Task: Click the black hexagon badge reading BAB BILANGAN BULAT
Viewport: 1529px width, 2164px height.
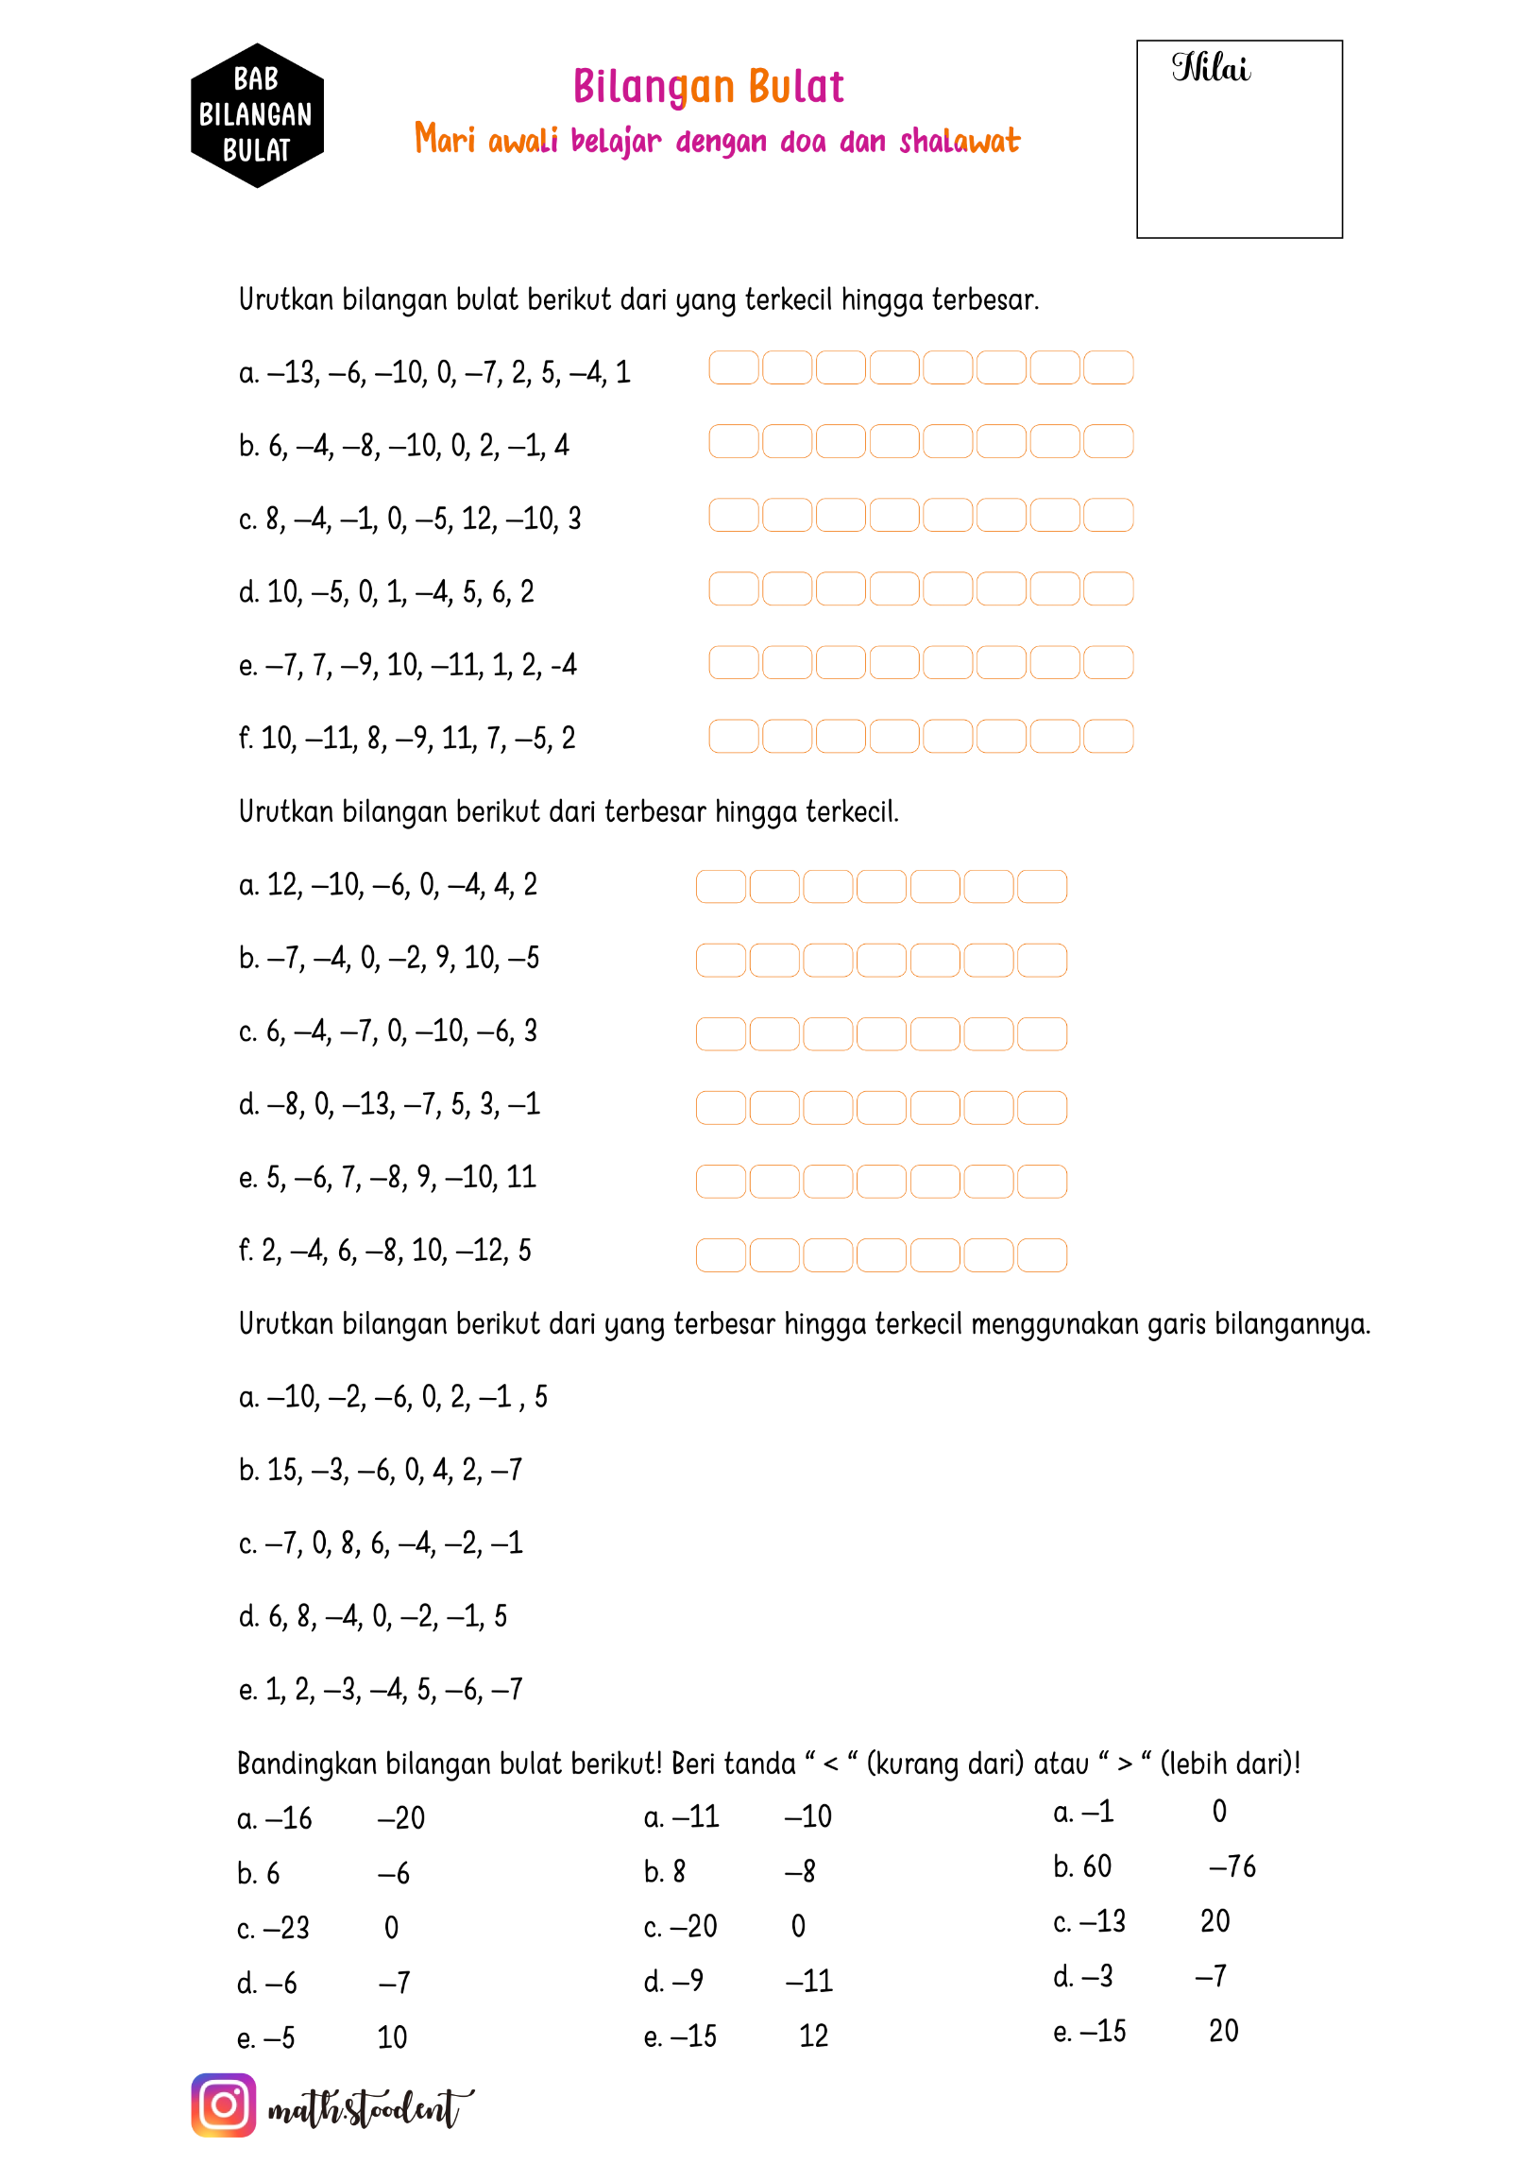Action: click(257, 115)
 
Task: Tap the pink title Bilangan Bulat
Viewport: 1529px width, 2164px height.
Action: click(708, 87)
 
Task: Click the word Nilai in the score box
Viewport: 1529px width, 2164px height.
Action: click(1211, 68)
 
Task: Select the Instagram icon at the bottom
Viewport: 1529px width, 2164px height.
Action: click(224, 2104)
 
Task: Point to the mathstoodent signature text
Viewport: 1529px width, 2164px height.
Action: click(368, 2108)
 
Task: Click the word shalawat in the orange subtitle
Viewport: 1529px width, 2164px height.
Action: click(960, 142)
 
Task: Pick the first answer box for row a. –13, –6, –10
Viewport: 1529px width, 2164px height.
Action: click(733, 367)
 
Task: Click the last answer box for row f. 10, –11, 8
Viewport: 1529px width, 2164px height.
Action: click(1108, 736)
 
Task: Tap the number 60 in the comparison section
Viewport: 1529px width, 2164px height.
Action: click(1096, 1866)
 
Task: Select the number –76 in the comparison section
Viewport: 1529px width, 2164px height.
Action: click(1232, 1866)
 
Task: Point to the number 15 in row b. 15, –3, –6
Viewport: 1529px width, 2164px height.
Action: click(282, 1470)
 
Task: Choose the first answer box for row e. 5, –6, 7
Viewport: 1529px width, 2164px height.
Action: click(721, 1181)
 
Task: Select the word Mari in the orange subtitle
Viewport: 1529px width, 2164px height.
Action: click(444, 140)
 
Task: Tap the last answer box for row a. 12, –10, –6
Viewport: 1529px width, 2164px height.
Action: click(1043, 886)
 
